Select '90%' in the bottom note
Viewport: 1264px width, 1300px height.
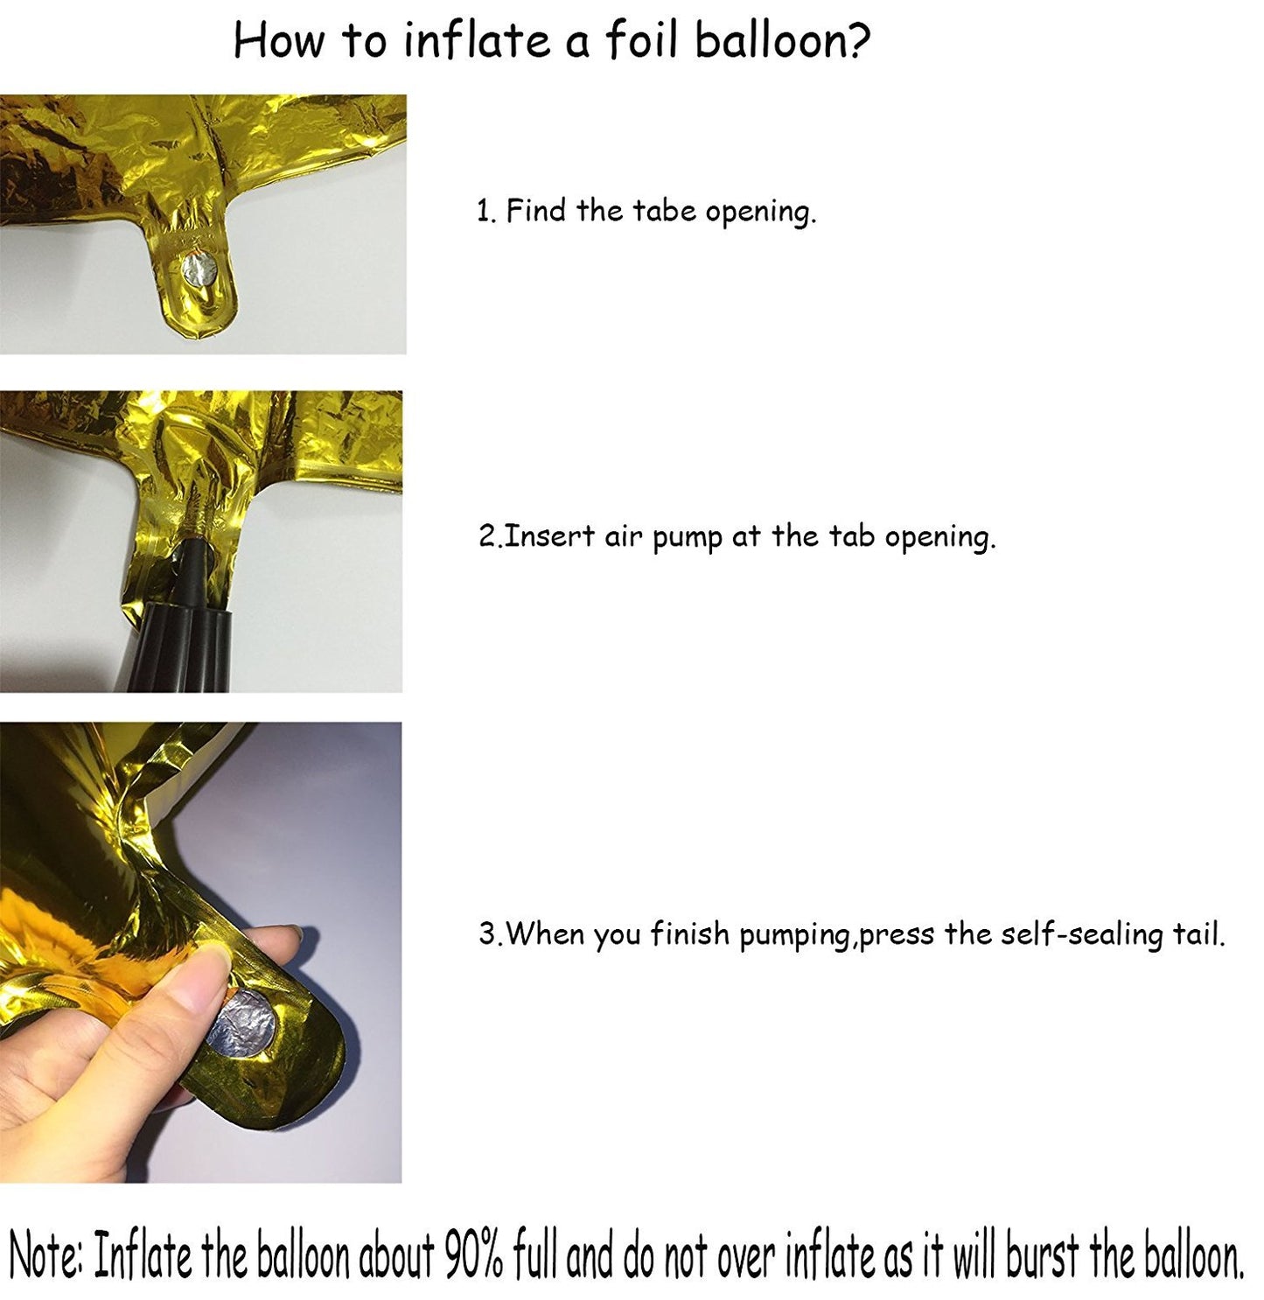point(478,1258)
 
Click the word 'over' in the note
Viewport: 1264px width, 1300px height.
point(749,1258)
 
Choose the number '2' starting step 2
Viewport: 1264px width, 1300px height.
point(486,535)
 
